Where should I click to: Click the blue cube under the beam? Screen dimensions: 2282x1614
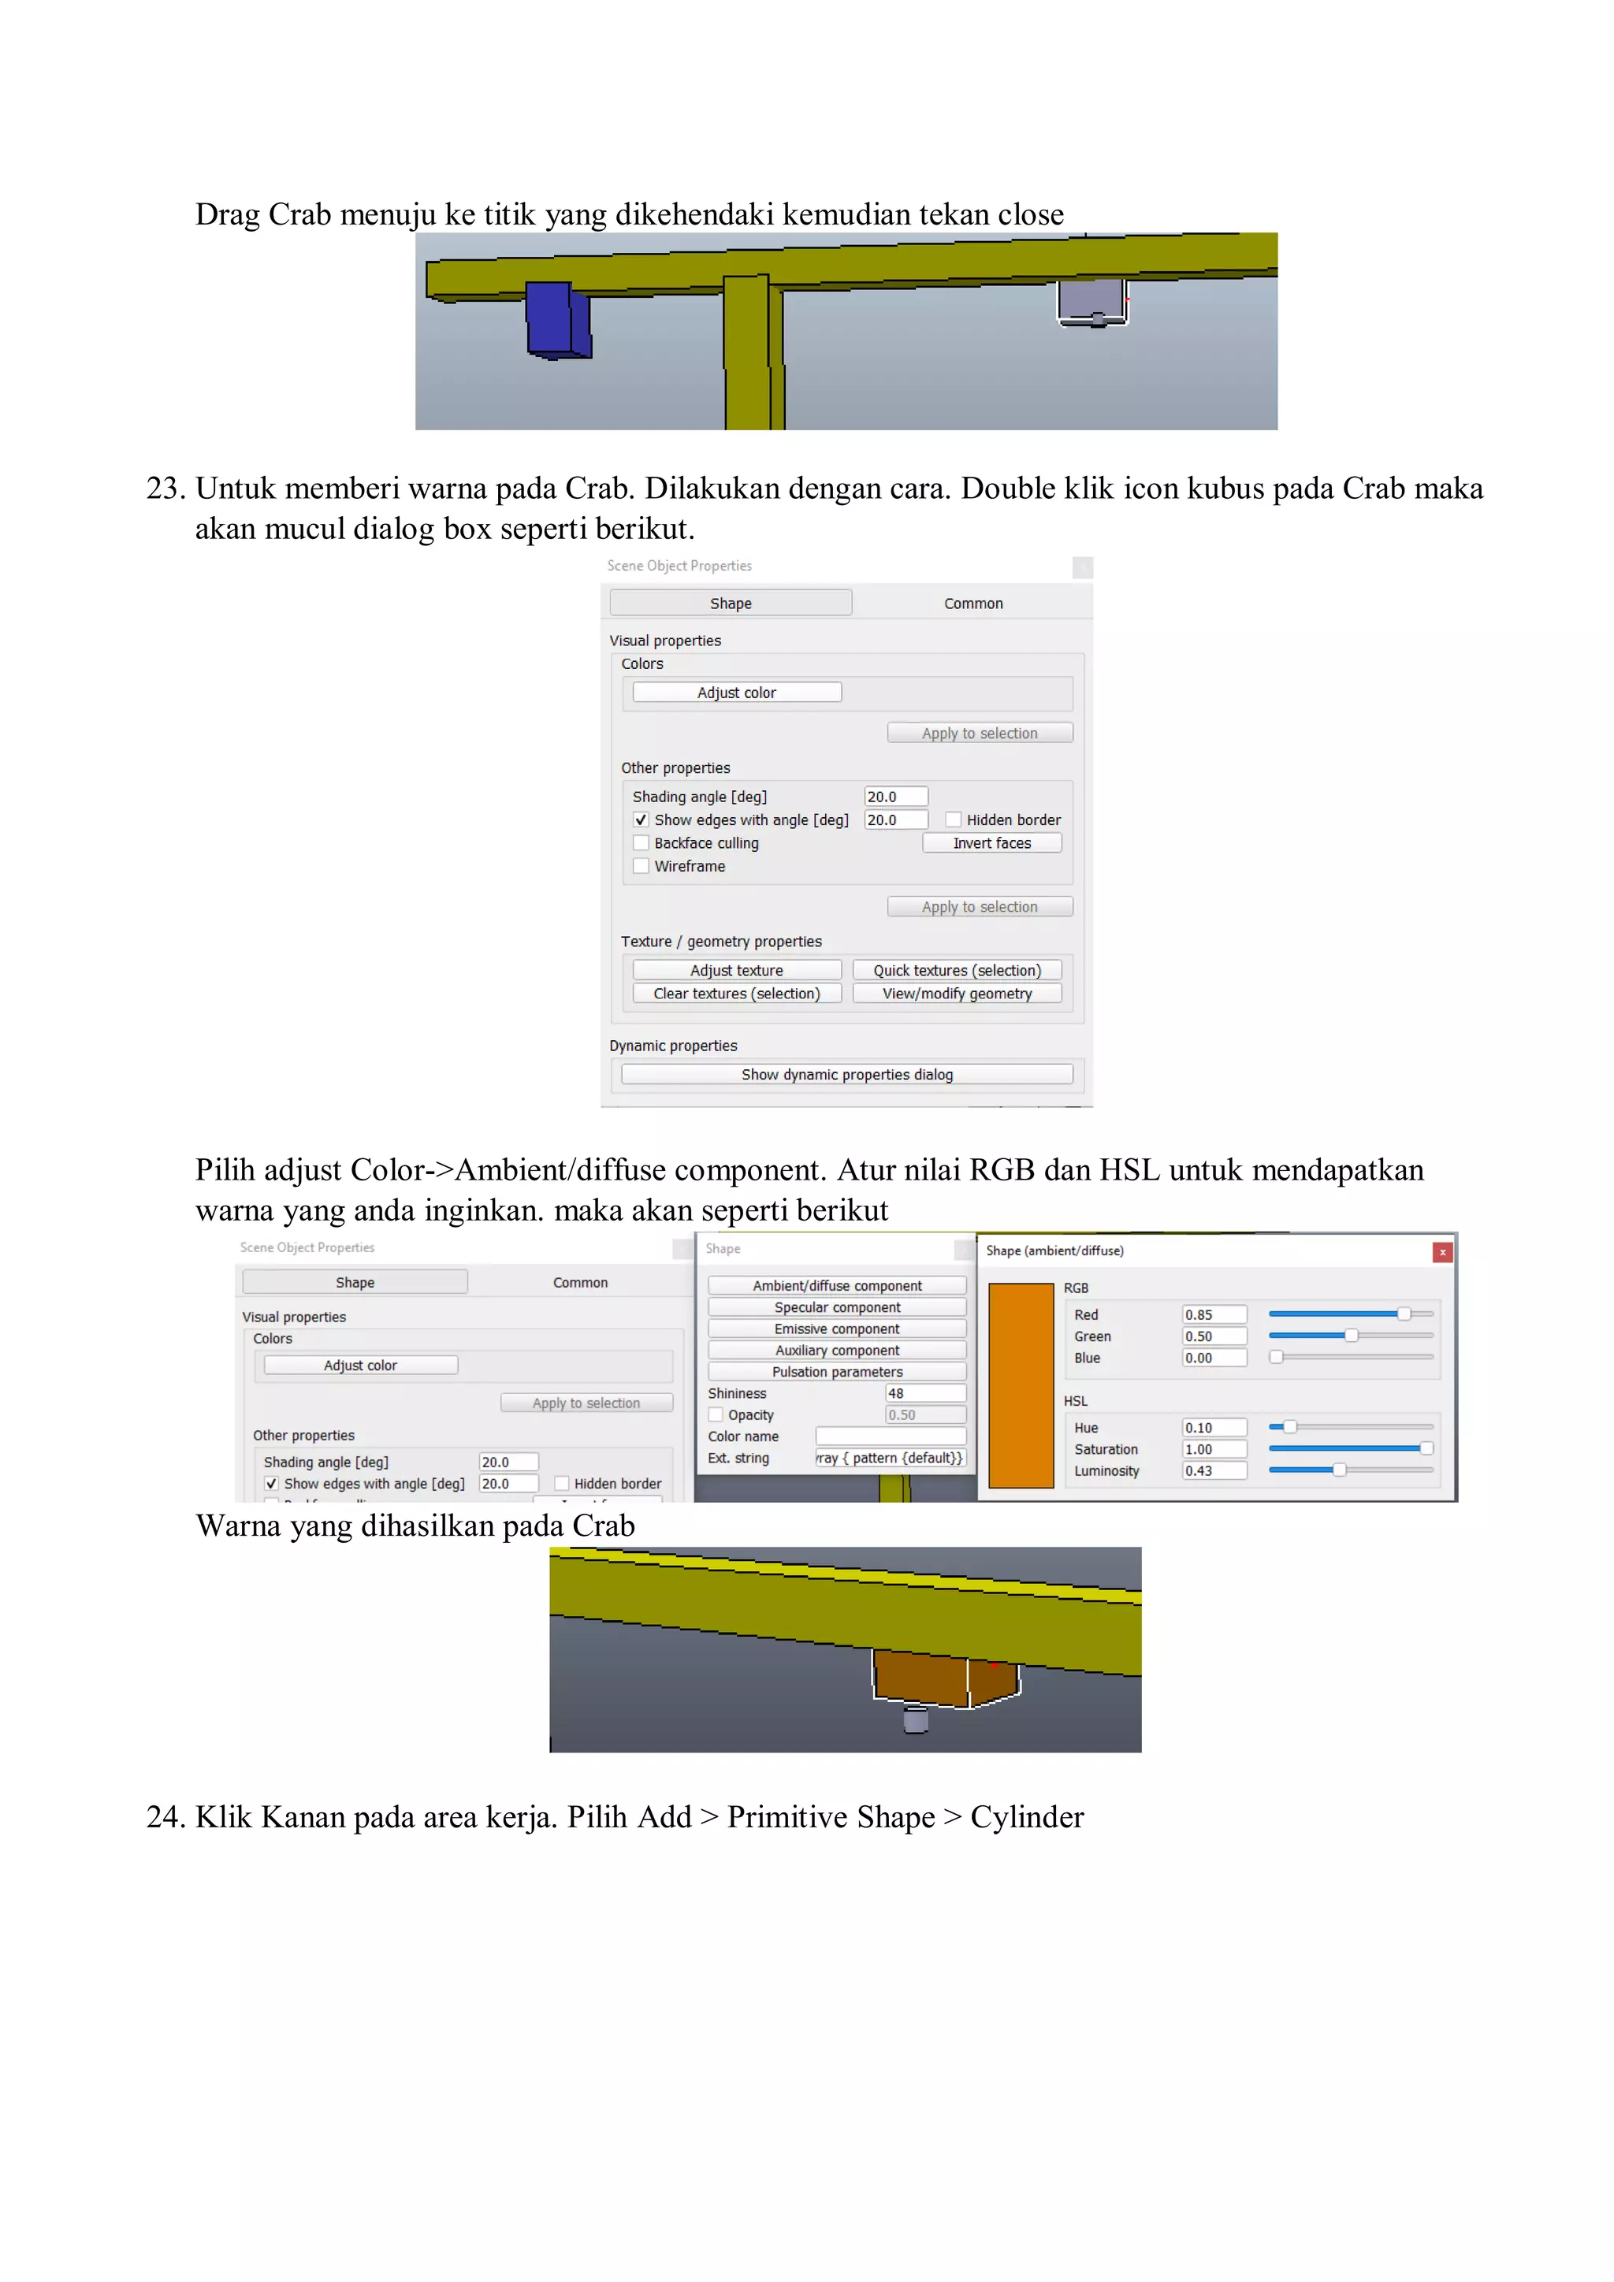(556, 320)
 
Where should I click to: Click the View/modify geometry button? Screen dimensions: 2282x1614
(956, 993)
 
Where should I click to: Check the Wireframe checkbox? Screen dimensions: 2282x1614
(641, 866)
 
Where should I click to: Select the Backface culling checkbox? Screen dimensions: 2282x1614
(641, 843)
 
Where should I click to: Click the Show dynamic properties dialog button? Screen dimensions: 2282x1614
(846, 1074)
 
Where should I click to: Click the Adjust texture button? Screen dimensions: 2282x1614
(735, 970)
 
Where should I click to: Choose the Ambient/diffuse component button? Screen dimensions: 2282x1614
(836, 1285)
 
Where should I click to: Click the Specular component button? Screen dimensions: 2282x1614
(836, 1307)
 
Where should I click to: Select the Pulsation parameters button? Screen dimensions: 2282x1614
(836, 1372)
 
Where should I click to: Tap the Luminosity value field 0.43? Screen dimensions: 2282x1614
(1213, 1471)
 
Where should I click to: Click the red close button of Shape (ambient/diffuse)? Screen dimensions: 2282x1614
(1442, 1252)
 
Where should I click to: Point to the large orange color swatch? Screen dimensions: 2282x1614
(1021, 1384)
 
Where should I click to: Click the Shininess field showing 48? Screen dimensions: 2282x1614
(924, 1393)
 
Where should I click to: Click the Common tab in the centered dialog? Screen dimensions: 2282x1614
(973, 604)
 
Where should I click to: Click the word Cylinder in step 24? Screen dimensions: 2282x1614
(1027, 1817)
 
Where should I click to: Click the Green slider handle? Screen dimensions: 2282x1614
(1351, 1336)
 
